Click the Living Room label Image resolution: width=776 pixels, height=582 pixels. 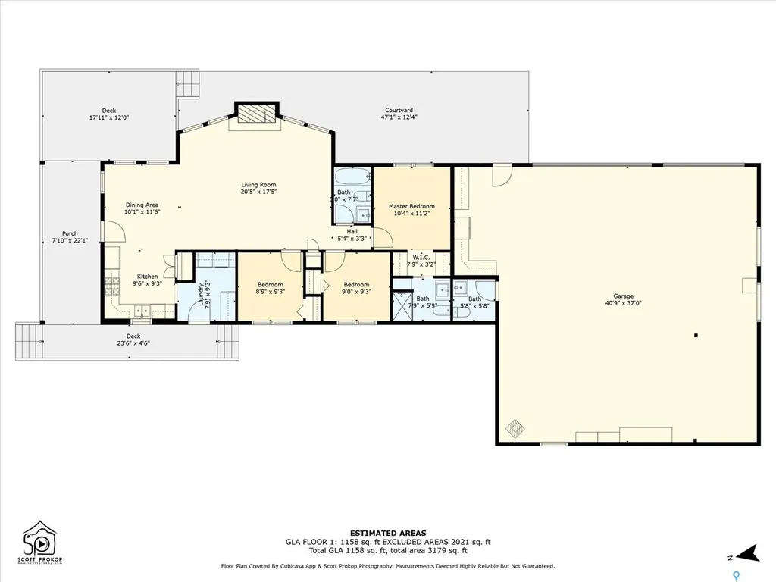258,185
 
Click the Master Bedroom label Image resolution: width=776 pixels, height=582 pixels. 411,206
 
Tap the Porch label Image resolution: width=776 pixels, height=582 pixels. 70,233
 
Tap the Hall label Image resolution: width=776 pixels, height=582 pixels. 352,231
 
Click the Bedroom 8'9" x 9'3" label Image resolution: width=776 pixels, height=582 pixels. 271,284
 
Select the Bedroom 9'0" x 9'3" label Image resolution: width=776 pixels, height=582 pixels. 356,284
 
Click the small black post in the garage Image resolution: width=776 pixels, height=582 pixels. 696,335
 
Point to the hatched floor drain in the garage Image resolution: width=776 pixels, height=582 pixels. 515,428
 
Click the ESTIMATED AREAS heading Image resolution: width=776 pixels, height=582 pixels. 387,533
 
